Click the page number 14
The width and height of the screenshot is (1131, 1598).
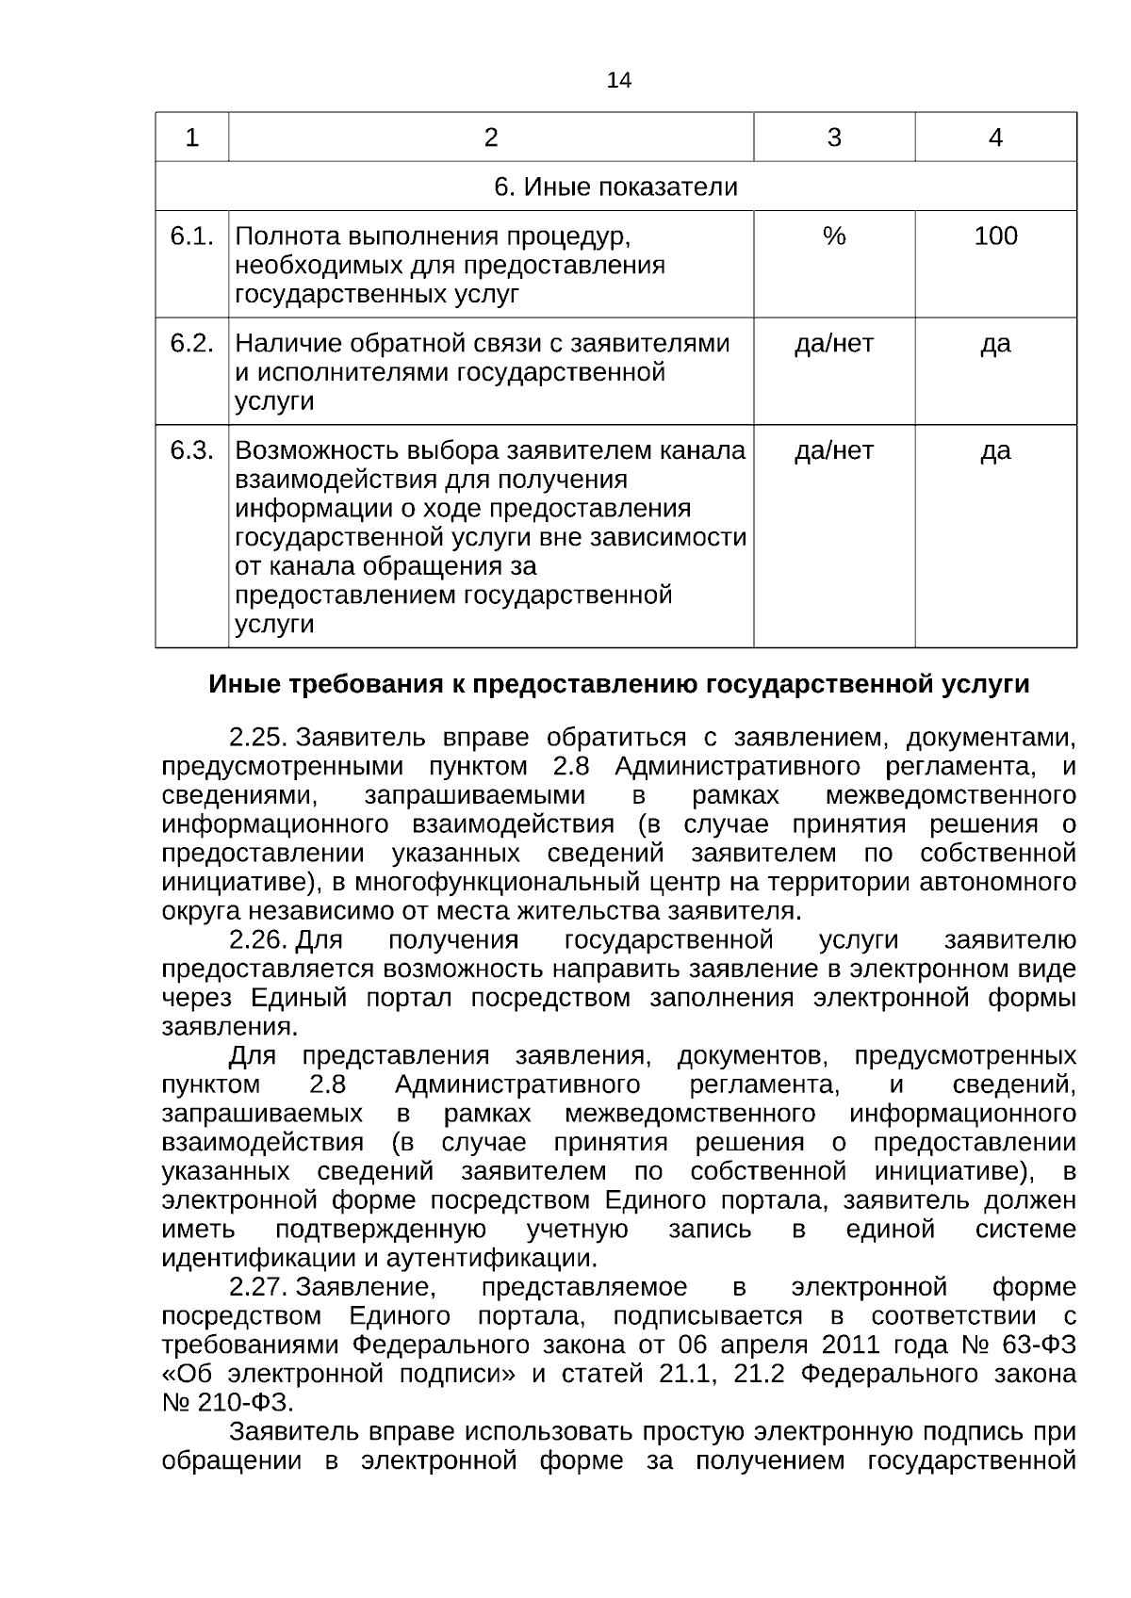tap(618, 80)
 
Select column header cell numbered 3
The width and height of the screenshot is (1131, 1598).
tap(833, 138)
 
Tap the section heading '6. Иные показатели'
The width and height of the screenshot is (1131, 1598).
tap(615, 187)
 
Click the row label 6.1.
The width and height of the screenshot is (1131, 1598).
tap(191, 236)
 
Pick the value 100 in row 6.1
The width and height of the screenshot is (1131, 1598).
tap(995, 236)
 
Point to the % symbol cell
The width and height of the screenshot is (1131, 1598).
tap(833, 236)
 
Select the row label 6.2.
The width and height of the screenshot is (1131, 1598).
tap(191, 343)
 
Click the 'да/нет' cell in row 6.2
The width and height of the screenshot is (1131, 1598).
tap(833, 343)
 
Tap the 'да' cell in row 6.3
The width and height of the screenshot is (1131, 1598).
tap(995, 450)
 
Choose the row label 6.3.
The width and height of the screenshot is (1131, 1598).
tap(191, 450)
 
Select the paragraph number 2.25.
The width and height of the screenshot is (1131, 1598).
tap(257, 737)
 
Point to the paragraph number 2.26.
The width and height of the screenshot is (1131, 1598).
tap(257, 940)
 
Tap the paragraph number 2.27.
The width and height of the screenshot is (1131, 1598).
tap(257, 1287)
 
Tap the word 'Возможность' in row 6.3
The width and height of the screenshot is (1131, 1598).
tap(310, 450)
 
